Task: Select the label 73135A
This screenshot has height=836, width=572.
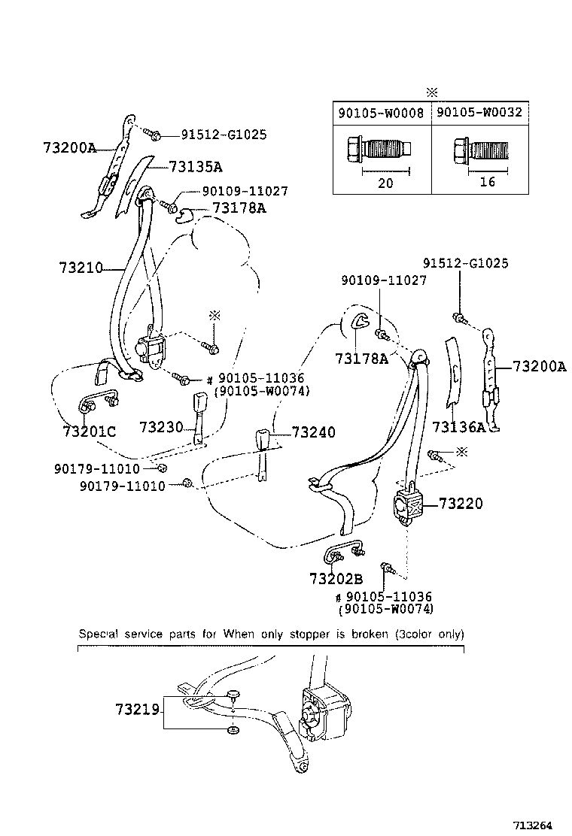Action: click(196, 167)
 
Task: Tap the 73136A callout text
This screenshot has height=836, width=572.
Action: click(459, 427)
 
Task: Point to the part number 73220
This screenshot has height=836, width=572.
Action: click(461, 504)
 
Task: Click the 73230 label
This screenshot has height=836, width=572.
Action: click(161, 427)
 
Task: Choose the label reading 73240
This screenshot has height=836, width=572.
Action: click(313, 433)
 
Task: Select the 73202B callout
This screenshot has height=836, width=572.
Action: click(336, 579)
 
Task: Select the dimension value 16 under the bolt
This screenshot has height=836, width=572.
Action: click(487, 183)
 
